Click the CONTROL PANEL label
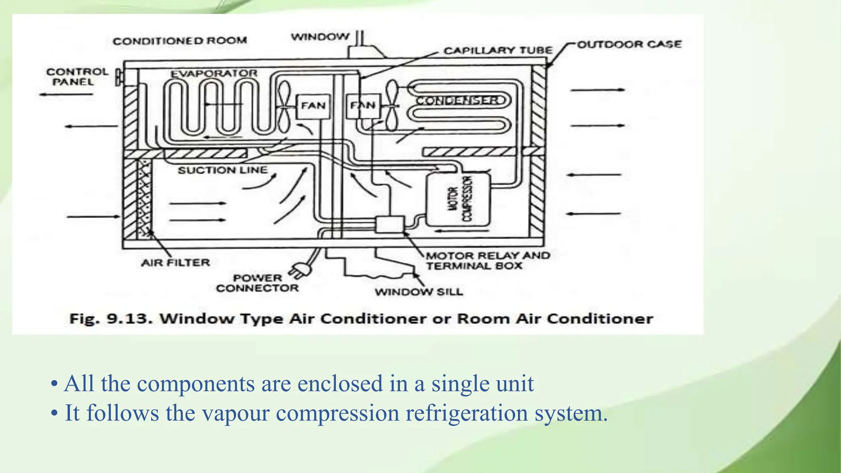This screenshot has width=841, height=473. (77, 77)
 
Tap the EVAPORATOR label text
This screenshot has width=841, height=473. (214, 73)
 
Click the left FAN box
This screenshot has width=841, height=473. (313, 106)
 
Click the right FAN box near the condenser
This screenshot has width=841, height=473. (363, 106)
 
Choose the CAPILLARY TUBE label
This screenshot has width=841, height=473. (498, 51)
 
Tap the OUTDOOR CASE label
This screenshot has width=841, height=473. (629, 44)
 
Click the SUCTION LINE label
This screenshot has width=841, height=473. (222, 170)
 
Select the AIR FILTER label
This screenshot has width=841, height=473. (175, 262)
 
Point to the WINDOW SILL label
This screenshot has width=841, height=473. (418, 292)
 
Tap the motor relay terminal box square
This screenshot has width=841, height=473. (390, 225)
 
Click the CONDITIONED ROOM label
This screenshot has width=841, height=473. (180, 41)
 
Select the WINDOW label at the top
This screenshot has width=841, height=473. (320, 37)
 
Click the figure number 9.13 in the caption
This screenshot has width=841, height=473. (129, 319)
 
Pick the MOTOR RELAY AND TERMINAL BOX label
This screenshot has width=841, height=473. (487, 261)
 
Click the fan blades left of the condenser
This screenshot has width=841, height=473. (392, 106)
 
